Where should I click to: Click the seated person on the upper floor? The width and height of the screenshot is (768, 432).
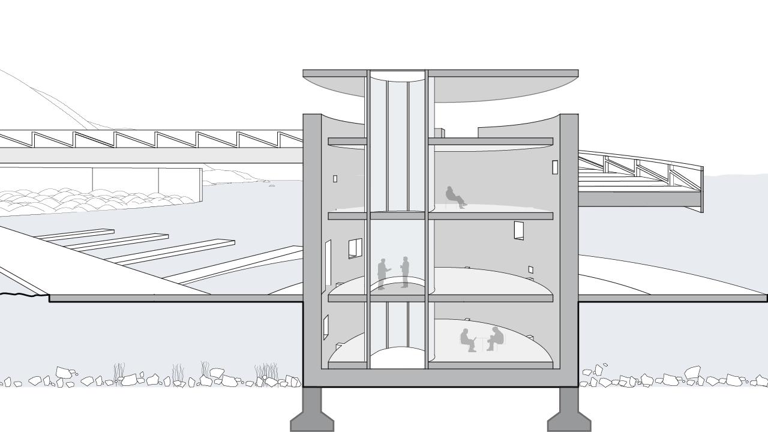[x=455, y=197]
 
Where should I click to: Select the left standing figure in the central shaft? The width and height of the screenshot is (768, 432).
[x=382, y=274]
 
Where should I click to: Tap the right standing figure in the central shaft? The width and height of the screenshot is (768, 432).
[x=405, y=272]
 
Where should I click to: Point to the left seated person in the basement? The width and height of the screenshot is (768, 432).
[x=467, y=340]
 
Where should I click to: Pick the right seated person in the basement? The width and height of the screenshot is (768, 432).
[x=495, y=338]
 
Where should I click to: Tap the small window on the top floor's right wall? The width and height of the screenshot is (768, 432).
[x=555, y=167]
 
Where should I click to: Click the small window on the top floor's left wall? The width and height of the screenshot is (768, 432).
[x=335, y=179]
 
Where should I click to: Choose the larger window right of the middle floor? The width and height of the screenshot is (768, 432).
[x=519, y=230]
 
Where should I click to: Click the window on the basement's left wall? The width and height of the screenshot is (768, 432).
[x=326, y=327]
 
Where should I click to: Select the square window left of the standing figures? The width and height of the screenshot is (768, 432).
[x=355, y=248]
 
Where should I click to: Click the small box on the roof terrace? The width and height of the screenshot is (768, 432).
[x=439, y=133]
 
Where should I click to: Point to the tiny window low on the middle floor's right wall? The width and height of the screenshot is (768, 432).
[x=530, y=269]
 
